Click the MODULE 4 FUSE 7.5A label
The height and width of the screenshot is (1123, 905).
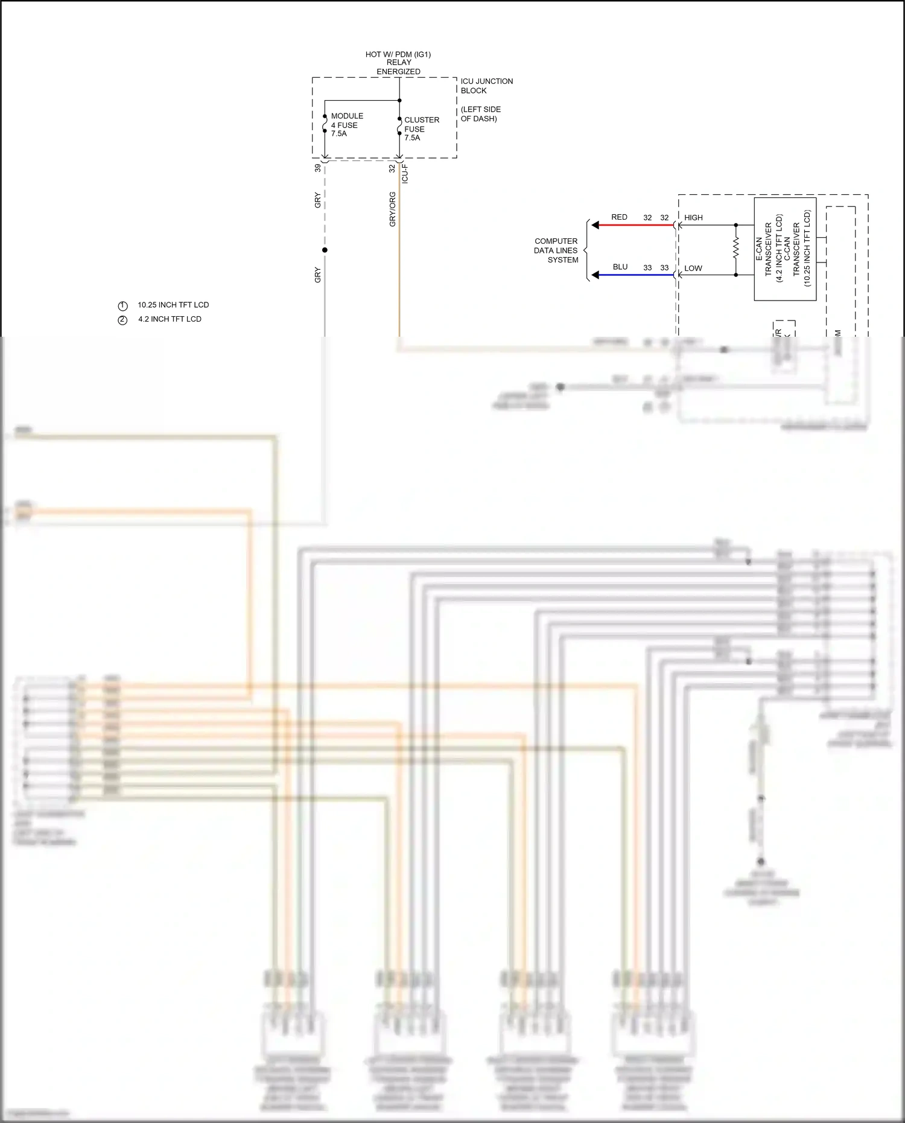(346, 125)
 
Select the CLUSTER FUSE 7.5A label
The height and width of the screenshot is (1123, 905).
(421, 129)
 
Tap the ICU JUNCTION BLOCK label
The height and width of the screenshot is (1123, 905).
(486, 86)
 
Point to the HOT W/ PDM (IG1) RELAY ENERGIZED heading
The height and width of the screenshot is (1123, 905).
(398, 63)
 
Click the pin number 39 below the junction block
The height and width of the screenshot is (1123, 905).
(318, 168)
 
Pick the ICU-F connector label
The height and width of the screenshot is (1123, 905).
(405, 173)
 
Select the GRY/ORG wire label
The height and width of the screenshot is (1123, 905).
(393, 209)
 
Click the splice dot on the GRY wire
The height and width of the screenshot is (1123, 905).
(325, 250)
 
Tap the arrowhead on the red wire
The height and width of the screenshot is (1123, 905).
(595, 225)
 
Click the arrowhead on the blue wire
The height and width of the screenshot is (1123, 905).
(595, 275)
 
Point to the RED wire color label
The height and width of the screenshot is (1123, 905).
(619, 217)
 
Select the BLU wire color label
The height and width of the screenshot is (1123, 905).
(620, 267)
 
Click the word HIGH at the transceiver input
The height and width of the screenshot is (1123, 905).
(693, 218)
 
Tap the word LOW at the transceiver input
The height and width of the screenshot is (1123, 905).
(693, 268)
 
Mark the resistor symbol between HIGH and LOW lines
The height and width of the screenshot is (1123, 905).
(735, 248)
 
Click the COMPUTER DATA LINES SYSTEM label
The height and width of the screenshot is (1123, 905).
(556, 250)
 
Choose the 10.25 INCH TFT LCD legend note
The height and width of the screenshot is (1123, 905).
(173, 305)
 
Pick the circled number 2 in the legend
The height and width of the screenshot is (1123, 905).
(122, 320)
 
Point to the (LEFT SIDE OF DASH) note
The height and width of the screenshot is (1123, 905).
(480, 114)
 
